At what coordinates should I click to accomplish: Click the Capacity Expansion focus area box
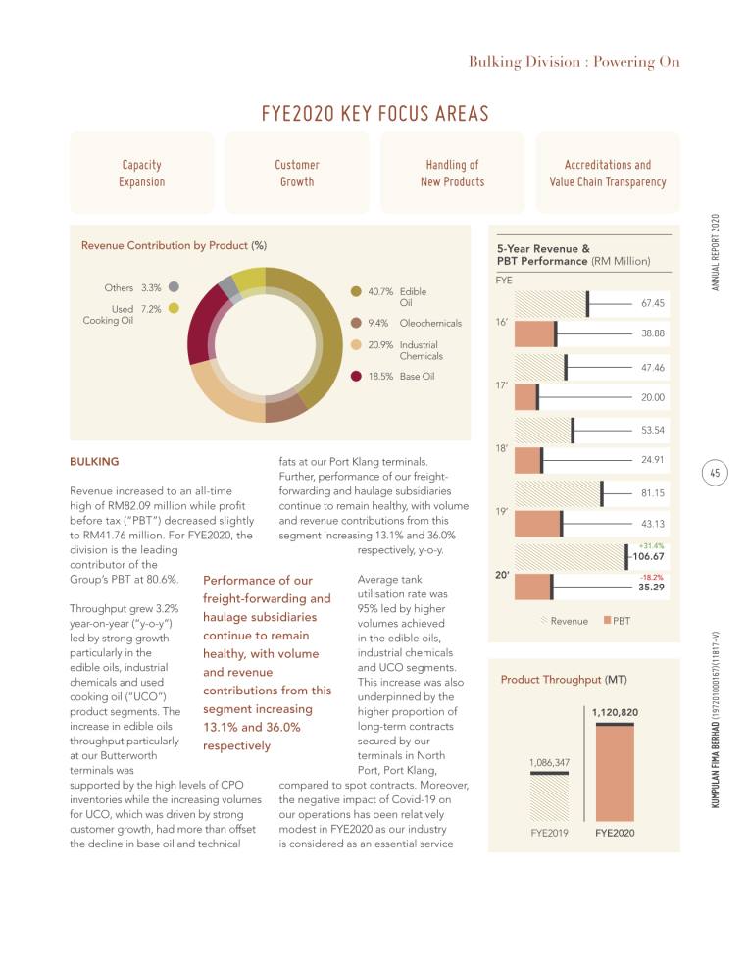click(x=142, y=173)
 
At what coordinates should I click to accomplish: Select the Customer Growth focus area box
click(x=297, y=173)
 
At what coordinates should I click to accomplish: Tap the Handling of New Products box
click(x=452, y=173)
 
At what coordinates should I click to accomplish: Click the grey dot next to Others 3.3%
click(x=175, y=287)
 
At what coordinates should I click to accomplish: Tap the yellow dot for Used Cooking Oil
click(x=175, y=308)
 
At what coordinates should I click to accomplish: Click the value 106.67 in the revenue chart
click(x=648, y=557)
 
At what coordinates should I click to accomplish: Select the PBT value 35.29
click(x=651, y=588)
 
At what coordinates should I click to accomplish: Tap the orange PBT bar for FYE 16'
click(x=535, y=333)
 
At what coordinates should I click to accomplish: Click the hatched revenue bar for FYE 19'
click(x=558, y=493)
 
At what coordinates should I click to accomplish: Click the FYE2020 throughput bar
click(x=615, y=772)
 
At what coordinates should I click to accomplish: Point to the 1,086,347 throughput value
click(x=549, y=762)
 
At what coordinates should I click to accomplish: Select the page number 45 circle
click(x=715, y=473)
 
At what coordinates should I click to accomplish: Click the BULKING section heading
click(x=94, y=461)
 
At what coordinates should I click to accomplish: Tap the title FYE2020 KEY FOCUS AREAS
click(x=374, y=114)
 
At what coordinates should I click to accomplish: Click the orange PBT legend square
click(x=607, y=620)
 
